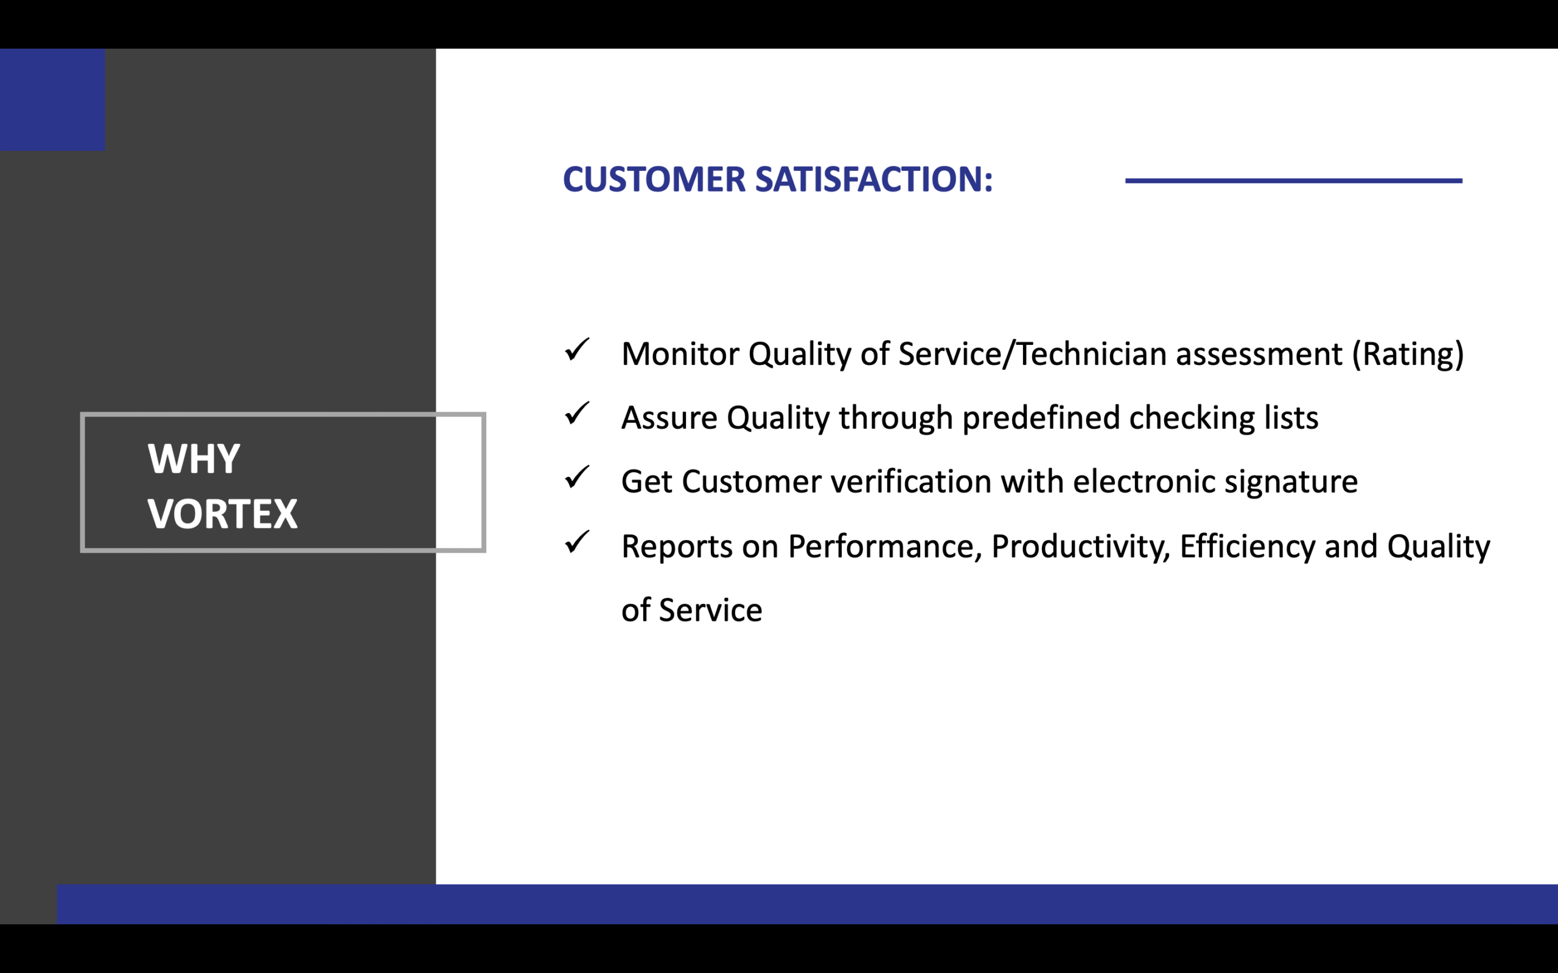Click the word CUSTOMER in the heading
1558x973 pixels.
pyautogui.click(x=654, y=179)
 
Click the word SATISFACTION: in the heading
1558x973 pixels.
pyautogui.click(x=874, y=179)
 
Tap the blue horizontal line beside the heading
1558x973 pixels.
pyautogui.click(x=1293, y=181)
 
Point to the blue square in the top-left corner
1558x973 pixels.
pyautogui.click(x=52, y=100)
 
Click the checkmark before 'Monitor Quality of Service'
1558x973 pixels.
pyautogui.click(x=577, y=350)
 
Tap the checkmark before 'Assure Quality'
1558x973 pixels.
pyautogui.click(x=577, y=413)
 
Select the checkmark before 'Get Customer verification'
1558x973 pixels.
pyautogui.click(x=577, y=477)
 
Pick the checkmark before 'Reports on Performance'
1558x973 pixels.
pyautogui.click(x=577, y=542)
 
